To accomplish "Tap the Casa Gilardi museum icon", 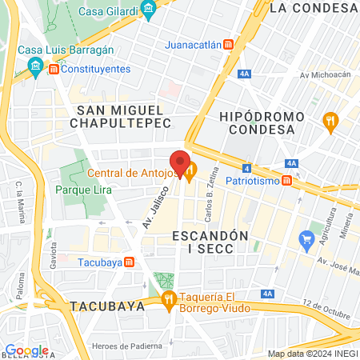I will [x=148, y=10].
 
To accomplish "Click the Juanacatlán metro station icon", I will [x=228, y=45].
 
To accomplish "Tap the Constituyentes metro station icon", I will [x=53, y=70].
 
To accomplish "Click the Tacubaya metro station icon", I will [x=129, y=262].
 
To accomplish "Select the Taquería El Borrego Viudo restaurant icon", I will [x=168, y=301].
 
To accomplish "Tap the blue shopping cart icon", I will [x=305, y=238].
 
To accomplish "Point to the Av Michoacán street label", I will [x=326, y=75].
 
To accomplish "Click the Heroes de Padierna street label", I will [x=122, y=345].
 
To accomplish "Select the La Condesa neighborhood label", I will [x=313, y=8].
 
